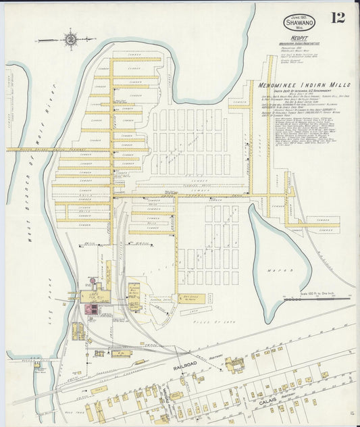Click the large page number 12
point(338,17)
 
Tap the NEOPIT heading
point(291,38)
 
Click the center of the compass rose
point(71,39)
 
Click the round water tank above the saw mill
point(92,280)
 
